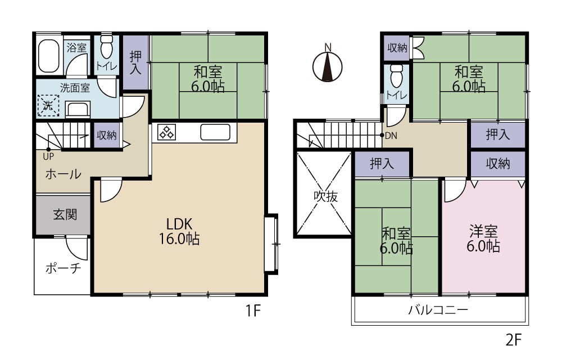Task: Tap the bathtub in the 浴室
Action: pyautogui.click(x=49, y=56)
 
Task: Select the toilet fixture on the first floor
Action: pyautogui.click(x=107, y=47)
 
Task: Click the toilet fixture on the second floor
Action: pyautogui.click(x=396, y=76)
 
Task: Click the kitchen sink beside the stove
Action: pyautogui.click(x=215, y=132)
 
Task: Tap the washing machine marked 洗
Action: pyautogui.click(x=48, y=105)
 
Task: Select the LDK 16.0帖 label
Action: pyautogui.click(x=179, y=231)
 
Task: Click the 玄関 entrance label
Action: pyautogui.click(x=65, y=215)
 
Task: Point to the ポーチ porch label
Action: pyautogui.click(x=63, y=268)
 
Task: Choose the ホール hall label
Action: pyautogui.click(x=63, y=174)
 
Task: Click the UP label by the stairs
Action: pyautogui.click(x=48, y=157)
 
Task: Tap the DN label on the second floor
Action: pyautogui.click(x=391, y=136)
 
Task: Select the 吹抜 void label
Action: pyautogui.click(x=326, y=196)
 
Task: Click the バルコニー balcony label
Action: pyautogui.click(x=438, y=309)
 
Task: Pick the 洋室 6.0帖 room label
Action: pyautogui.click(x=483, y=239)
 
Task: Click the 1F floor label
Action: pyautogui.click(x=253, y=310)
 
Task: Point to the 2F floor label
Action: pyautogui.click(x=513, y=339)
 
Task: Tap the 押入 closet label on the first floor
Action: pyautogui.click(x=135, y=62)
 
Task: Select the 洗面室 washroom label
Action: pyautogui.click(x=75, y=88)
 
